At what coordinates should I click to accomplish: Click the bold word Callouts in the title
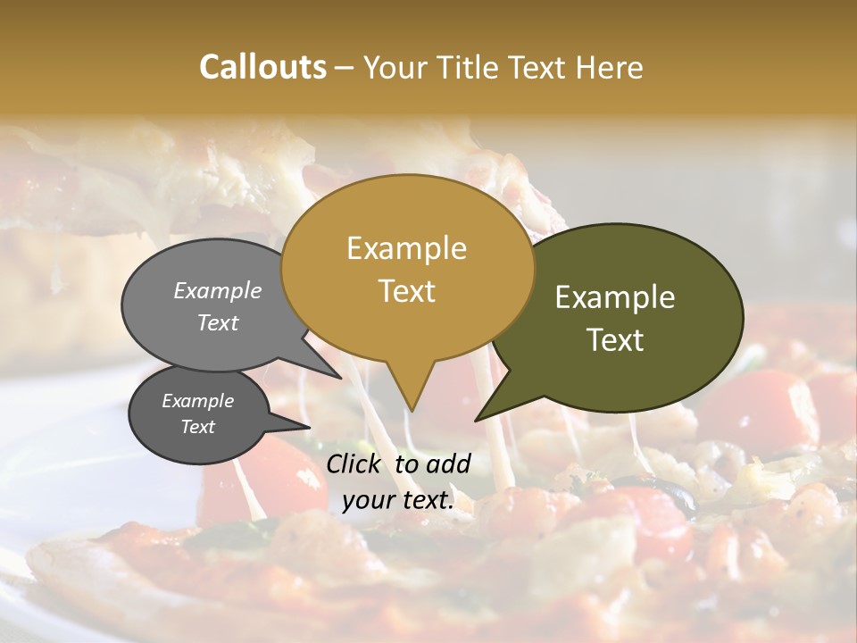262,67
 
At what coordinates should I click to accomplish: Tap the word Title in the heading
474,68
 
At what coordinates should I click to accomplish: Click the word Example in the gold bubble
406,248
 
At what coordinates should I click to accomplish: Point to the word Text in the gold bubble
406,291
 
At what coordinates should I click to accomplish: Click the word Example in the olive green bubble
615,297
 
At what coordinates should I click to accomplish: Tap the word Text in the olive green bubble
615,340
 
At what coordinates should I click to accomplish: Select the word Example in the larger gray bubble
217,290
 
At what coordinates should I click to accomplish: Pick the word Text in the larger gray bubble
217,322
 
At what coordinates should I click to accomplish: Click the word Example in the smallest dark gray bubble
197,401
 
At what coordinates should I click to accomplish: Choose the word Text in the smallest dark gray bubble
197,427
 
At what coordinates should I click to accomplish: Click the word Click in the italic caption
354,463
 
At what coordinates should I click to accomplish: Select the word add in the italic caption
448,463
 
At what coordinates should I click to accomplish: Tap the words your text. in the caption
397,499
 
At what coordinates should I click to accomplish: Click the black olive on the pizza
665,496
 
